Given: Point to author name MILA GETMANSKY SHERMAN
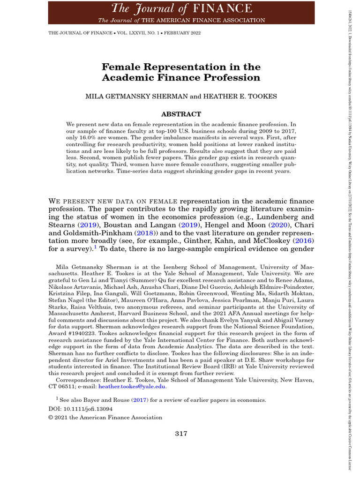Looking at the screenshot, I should pos(136,96).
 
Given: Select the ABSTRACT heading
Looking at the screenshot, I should pos(181,114).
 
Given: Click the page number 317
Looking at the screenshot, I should pos(181,434).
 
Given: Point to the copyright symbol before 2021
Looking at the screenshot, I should pos(51,417).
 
